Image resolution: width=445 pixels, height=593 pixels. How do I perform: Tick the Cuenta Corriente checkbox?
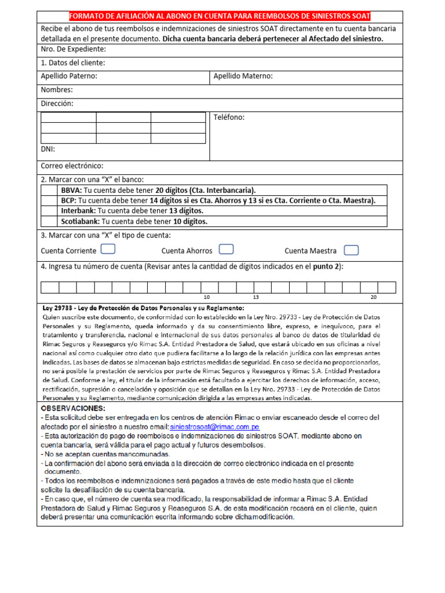coord(108,250)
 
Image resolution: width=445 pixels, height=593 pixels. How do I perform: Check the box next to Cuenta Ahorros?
coord(227,250)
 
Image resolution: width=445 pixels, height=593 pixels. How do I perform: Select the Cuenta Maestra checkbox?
coord(351,250)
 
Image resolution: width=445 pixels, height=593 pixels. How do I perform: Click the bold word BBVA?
coord(72,191)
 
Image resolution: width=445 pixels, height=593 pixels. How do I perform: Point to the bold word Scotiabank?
coord(81,221)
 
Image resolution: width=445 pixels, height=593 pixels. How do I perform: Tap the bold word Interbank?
coord(78,211)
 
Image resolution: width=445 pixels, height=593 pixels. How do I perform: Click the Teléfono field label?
coord(229,117)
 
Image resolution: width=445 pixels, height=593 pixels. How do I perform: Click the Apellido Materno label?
coord(243,76)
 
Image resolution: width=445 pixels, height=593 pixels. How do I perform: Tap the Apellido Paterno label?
coord(69,76)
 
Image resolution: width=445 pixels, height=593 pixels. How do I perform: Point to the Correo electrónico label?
coord(72,166)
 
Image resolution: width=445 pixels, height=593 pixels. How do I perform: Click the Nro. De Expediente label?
coord(73,50)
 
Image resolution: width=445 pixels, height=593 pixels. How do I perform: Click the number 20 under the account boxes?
coord(374,296)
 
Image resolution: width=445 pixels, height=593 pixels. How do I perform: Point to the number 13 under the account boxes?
coord(256,296)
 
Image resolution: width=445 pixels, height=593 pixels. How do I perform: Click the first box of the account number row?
coord(50,287)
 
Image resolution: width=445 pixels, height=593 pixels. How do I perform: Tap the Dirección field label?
coord(57,104)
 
